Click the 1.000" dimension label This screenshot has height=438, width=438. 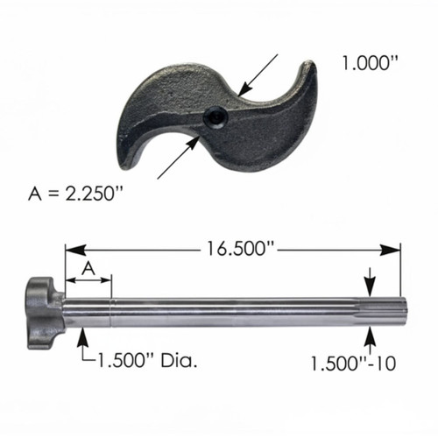pos(371,63)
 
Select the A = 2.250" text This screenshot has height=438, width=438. pos(75,194)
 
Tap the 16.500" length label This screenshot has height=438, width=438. pos(239,249)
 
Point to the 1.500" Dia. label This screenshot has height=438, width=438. pos(146,360)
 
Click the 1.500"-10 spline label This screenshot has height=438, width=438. pos(353,364)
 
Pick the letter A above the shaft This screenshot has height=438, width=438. pos(88,268)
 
